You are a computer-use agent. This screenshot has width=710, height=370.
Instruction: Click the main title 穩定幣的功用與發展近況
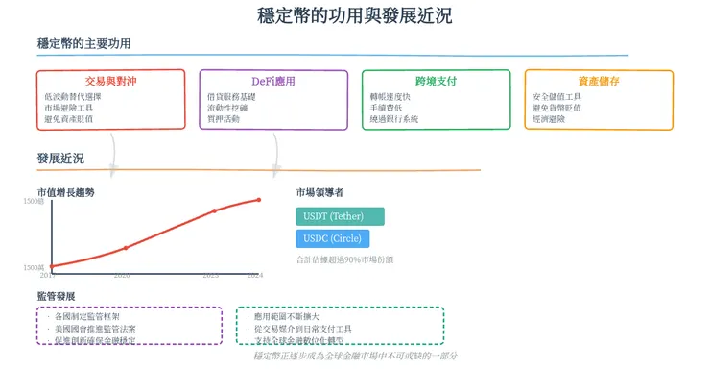pyautogui.click(x=355, y=15)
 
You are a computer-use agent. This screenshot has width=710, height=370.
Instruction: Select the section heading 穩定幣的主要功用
pyautogui.click(x=83, y=44)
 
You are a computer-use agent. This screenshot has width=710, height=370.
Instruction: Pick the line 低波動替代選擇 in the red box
pyautogui.click(x=73, y=97)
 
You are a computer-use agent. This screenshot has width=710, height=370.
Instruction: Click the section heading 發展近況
pyautogui.click(x=60, y=158)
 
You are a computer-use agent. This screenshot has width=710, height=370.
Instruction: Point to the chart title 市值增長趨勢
pyautogui.click(x=65, y=192)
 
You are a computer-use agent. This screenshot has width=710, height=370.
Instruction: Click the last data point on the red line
pyautogui.click(x=257, y=200)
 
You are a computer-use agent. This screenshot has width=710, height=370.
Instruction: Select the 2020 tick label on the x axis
pyautogui.click(x=122, y=275)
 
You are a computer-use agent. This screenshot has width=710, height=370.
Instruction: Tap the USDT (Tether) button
pyautogui.click(x=340, y=216)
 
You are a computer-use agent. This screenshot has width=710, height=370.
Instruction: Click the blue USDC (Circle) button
pyautogui.click(x=333, y=238)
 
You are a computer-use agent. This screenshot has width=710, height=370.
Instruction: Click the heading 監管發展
pyautogui.click(x=56, y=296)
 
